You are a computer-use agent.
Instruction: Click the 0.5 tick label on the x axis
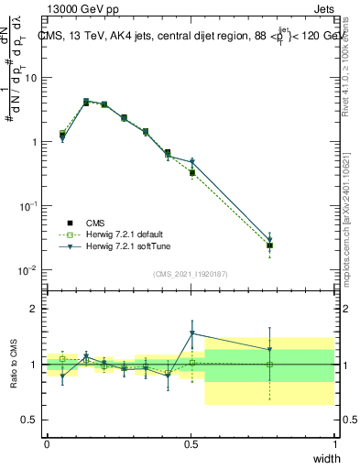click(x=191, y=443)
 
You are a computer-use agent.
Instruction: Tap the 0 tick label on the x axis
click(x=47, y=443)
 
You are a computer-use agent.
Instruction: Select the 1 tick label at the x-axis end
click(x=334, y=443)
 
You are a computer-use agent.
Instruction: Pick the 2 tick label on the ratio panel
click(x=36, y=309)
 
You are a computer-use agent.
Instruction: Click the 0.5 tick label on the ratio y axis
click(x=30, y=420)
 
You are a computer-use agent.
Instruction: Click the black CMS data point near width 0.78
click(x=269, y=245)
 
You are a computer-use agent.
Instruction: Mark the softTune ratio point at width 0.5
click(x=191, y=333)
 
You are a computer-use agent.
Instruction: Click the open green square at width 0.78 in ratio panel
click(x=269, y=365)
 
